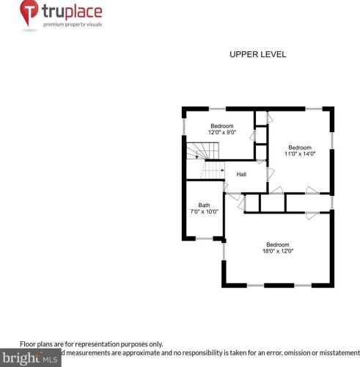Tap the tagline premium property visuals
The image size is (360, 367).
(72, 25)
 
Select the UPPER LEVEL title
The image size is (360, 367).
(257, 54)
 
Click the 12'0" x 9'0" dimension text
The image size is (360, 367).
(221, 133)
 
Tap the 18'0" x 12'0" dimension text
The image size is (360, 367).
(278, 251)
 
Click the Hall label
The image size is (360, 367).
(240, 174)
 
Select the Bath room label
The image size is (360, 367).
(204, 205)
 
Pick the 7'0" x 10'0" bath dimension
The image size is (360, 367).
(204, 212)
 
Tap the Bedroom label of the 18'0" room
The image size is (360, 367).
(278, 244)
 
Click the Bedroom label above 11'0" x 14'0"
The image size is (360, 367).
(299, 147)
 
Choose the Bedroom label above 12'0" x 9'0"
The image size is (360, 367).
(221, 126)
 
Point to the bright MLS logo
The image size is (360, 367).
(30, 358)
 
